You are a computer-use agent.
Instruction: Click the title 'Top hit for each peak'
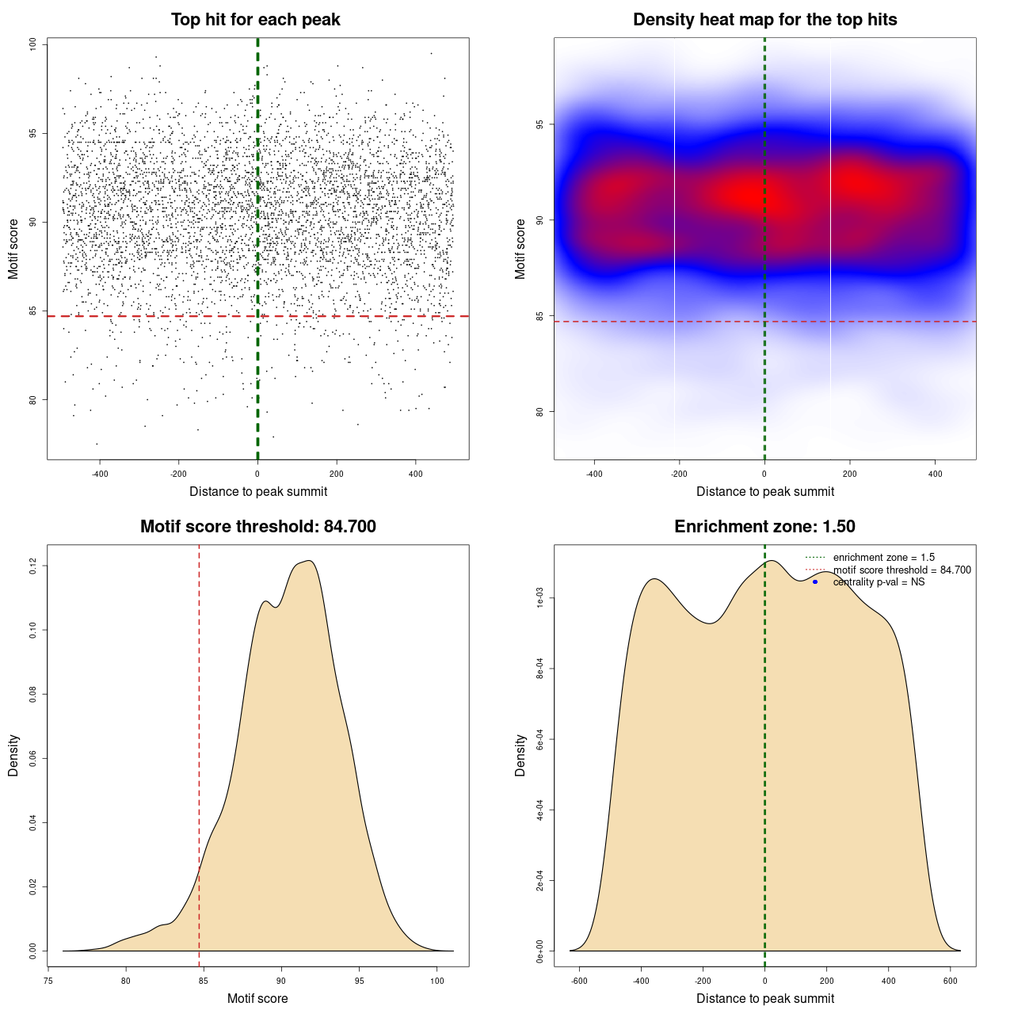coord(256,20)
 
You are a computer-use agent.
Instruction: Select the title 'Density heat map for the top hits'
coord(764,20)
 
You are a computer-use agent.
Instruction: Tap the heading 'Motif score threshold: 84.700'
coord(257,527)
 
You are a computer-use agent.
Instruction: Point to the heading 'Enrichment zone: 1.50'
coord(764,527)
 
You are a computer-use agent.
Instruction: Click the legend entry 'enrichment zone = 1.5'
coord(883,558)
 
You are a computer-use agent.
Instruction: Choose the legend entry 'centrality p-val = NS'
coord(879,582)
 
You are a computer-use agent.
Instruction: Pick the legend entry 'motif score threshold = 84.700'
coord(902,570)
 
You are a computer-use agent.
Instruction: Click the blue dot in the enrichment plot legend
coord(815,582)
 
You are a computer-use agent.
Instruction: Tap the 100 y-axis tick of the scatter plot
coord(33,44)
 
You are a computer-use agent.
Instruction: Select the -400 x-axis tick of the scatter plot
coord(100,475)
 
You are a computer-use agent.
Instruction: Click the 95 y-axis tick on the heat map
coord(539,124)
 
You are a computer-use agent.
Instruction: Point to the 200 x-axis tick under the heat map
coord(850,475)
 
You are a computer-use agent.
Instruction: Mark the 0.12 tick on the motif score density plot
coord(33,566)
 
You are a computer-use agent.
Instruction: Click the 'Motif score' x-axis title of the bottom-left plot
coord(257,998)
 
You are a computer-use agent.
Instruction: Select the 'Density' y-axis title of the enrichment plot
coord(520,755)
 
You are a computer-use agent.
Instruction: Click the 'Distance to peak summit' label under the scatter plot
coord(258,491)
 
